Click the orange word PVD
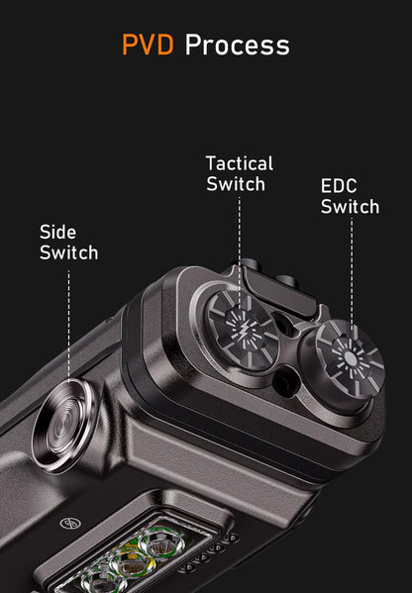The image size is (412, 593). pos(148,45)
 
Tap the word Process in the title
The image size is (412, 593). pos(238,45)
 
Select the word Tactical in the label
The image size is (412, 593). pos(239,163)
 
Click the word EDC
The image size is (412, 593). pos(339,186)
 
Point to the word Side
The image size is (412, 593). pos(57,232)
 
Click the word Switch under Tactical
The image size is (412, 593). pos(236,184)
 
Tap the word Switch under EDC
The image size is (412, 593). pos(350,207)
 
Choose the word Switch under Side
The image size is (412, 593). pos(69,252)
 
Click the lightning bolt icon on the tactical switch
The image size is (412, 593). pos(241,329)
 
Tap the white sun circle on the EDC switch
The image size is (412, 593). pos(351,357)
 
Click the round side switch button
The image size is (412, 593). pos(63,426)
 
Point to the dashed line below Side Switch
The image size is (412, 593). pos(68,324)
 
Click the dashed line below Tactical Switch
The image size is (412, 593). pos(239,251)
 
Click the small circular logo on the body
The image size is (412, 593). pos(70,524)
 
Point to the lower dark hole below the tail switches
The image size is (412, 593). pos(285,383)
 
